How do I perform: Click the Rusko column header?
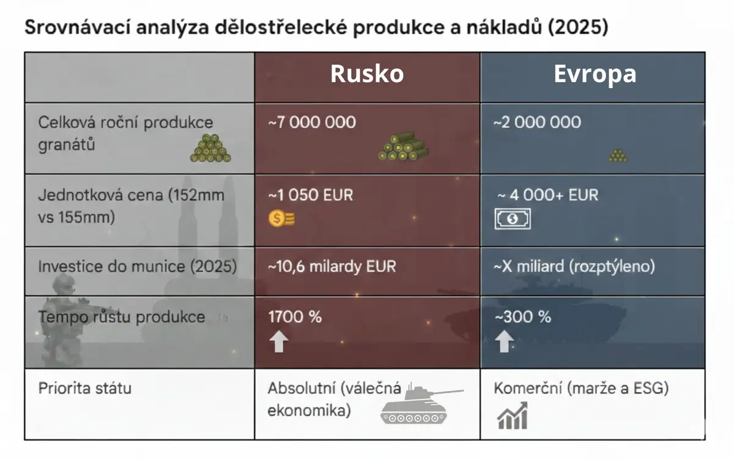tap(367, 74)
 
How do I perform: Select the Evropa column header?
tap(595, 74)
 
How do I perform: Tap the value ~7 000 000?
tap(312, 122)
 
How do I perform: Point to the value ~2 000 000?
tap(537, 122)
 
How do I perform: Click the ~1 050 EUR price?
tap(310, 195)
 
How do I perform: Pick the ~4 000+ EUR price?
tap(547, 195)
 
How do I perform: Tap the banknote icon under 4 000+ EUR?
tap(513, 218)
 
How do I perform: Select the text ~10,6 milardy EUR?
tap(332, 266)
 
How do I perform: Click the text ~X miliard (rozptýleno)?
tap(574, 266)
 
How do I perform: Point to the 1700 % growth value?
tap(295, 317)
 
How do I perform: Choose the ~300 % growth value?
tap(522, 317)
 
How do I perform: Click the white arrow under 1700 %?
tap(279, 341)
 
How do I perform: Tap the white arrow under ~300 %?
tap(504, 341)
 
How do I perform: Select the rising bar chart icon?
tap(513, 416)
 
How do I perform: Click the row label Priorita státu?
tap(85, 389)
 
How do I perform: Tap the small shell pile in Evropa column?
tap(618, 155)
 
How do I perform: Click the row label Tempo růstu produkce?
tap(122, 317)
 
